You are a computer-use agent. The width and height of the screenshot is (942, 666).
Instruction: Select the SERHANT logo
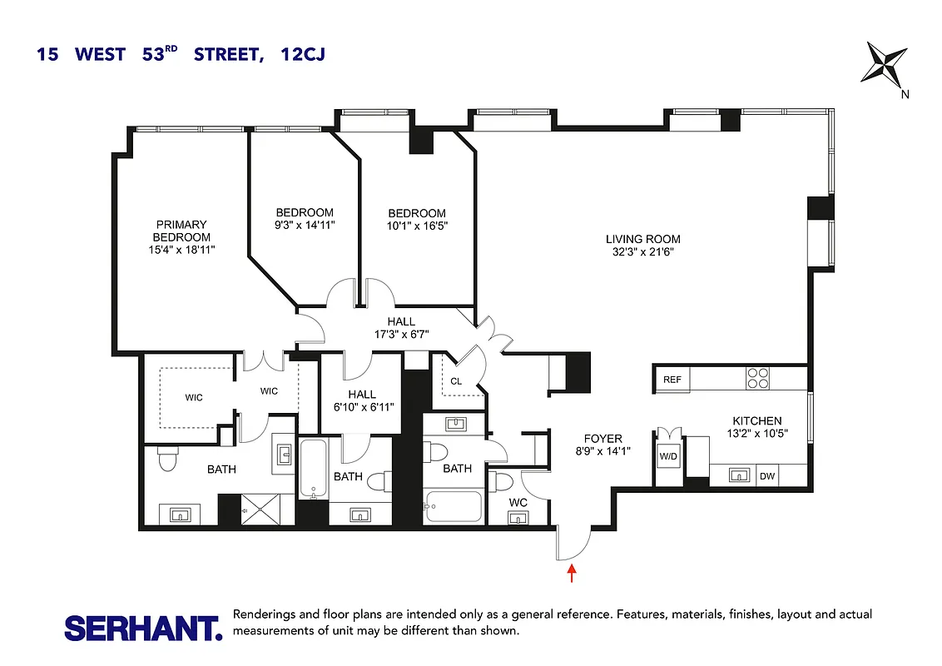[x=143, y=627]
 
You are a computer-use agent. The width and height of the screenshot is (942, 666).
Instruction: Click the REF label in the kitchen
[x=672, y=380]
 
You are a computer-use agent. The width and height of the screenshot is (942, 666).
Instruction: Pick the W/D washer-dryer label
[x=668, y=456]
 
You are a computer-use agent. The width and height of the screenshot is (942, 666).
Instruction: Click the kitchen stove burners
[x=758, y=379]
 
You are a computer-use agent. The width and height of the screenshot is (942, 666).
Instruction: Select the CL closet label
[x=456, y=381]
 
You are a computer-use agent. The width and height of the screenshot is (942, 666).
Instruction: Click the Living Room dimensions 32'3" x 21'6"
[x=637, y=251]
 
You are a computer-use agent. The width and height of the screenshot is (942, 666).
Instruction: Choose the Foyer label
[x=602, y=439]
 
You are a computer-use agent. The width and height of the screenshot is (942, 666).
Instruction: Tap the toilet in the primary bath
[x=166, y=459]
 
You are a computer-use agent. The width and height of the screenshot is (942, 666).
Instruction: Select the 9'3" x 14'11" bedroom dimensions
[x=305, y=225]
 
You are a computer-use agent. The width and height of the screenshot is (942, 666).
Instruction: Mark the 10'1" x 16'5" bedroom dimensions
[x=416, y=226]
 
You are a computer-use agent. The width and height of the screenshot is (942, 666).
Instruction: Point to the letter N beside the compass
[x=905, y=94]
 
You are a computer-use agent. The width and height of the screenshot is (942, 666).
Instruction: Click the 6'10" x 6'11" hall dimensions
[x=362, y=406]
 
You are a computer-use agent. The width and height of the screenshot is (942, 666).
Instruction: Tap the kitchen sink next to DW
[x=737, y=476]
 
